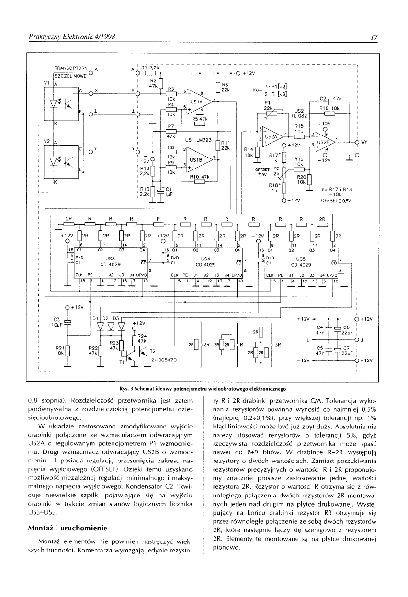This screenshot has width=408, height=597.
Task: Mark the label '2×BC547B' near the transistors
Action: click(x=163, y=359)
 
